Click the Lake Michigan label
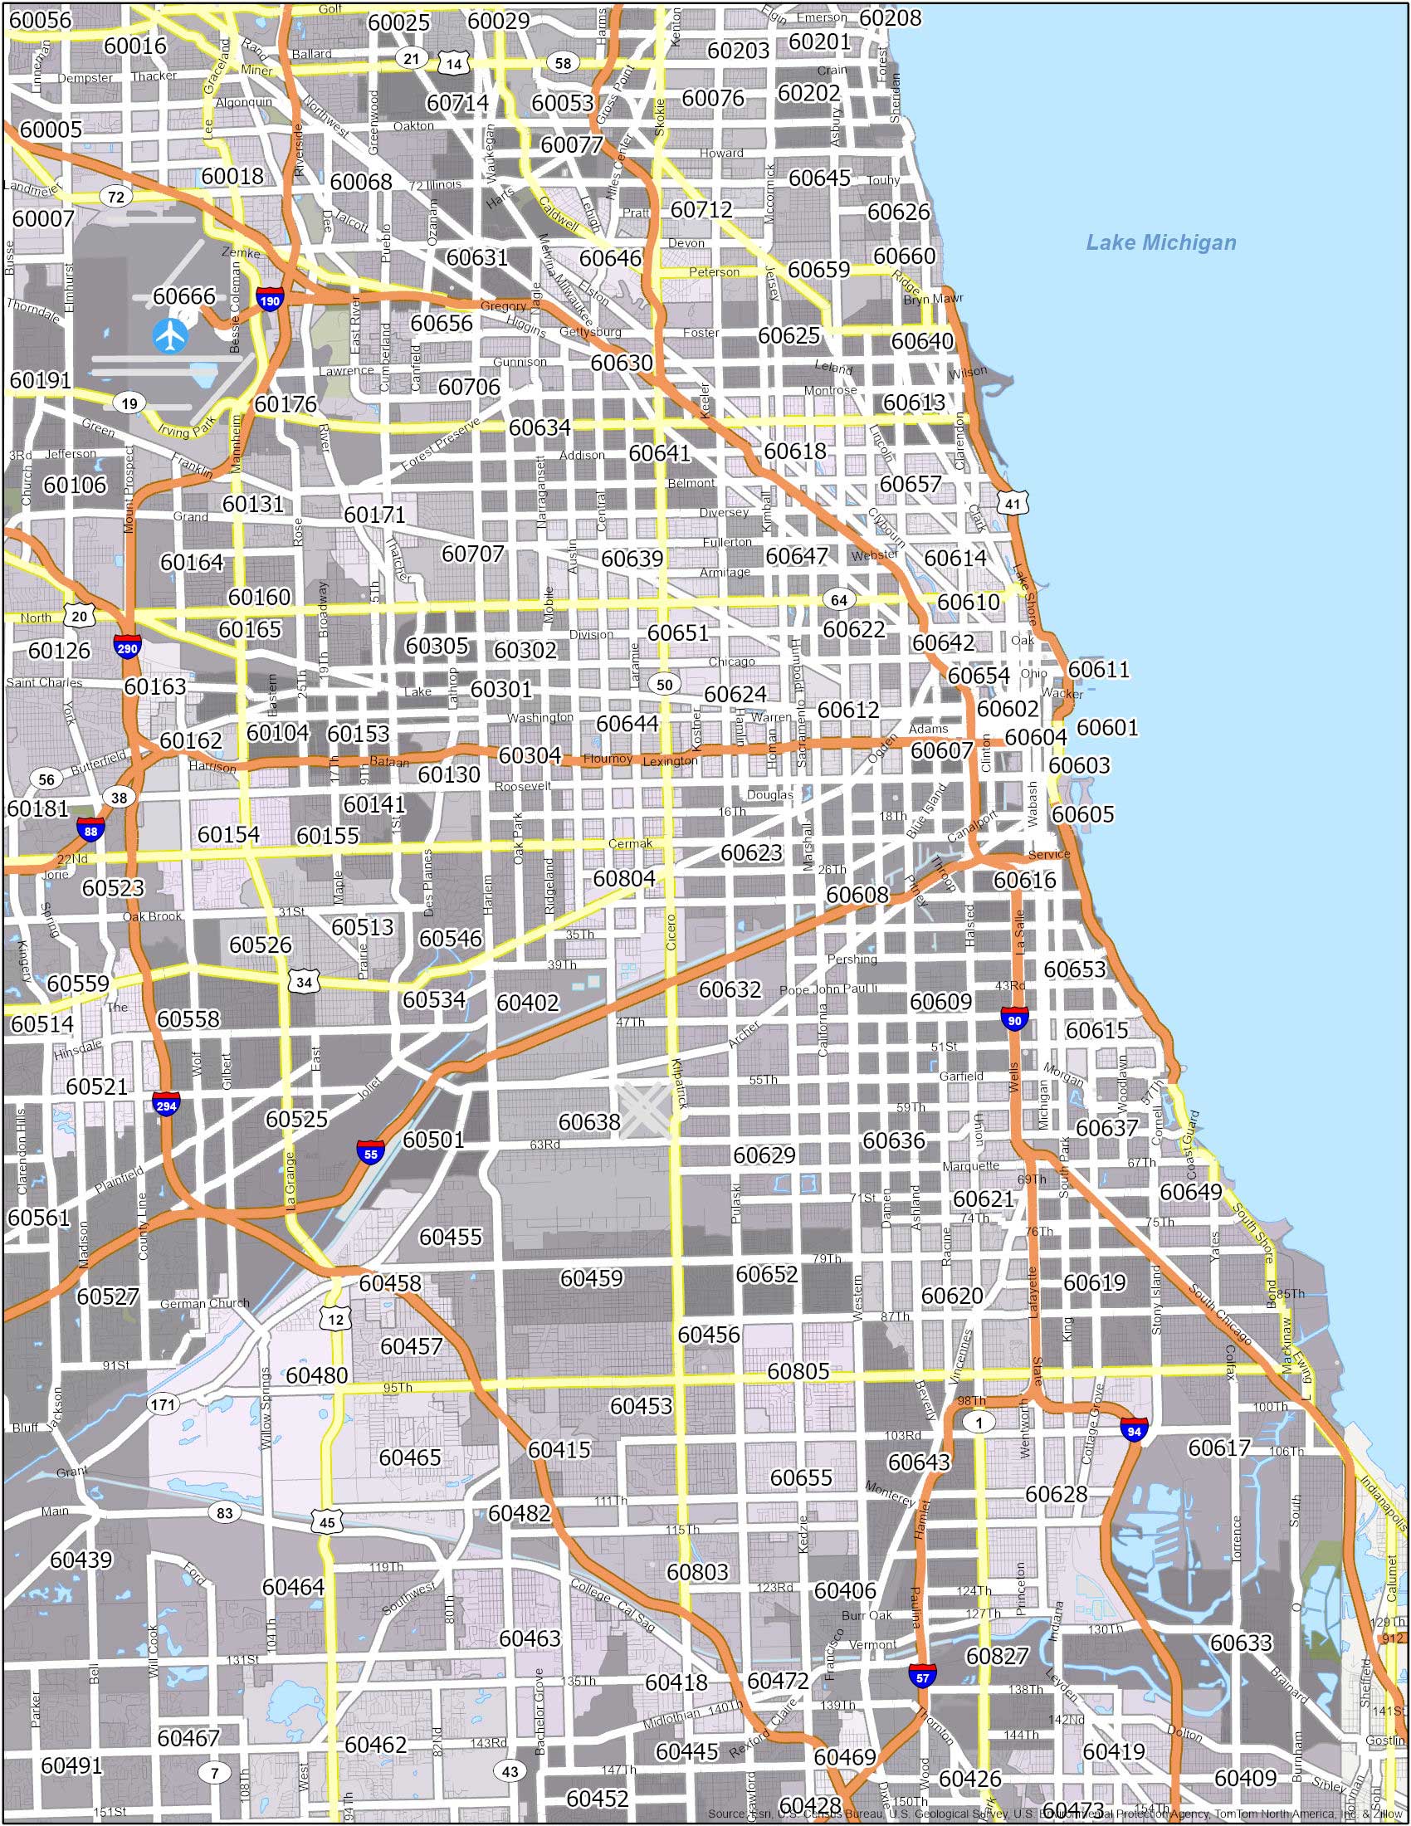pos(1160,242)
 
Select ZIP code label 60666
pos(184,296)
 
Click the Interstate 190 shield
pos(269,300)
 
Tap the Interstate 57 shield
pos(923,1675)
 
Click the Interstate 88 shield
pos(90,829)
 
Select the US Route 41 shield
pos(1013,503)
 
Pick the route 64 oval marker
pos(838,600)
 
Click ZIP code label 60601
pos(1106,726)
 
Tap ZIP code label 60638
pos(589,1121)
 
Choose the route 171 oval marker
pos(162,1404)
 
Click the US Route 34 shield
pos(305,982)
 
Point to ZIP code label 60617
pos(1218,1448)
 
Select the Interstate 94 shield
pos(1135,1430)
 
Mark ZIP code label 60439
pos(81,1560)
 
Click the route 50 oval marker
pos(665,685)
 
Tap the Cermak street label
pos(629,843)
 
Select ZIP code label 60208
pos(891,17)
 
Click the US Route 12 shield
pos(336,1320)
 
